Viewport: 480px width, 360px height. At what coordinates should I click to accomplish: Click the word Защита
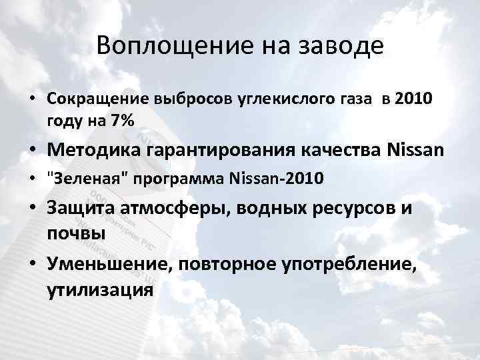point(80,208)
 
